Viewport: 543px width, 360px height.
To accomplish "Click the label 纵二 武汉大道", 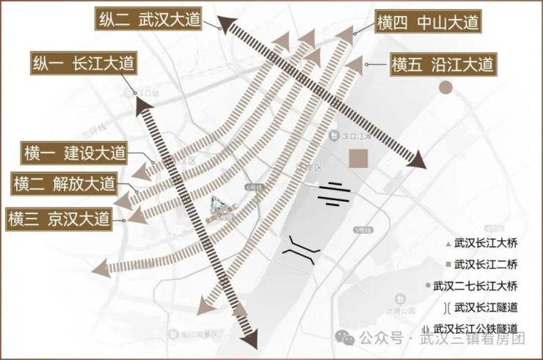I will (x=148, y=21).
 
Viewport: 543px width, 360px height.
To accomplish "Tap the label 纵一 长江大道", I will (x=82, y=64).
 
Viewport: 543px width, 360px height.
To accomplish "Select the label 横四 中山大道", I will (x=428, y=22).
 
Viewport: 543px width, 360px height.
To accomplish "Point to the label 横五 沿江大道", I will (x=442, y=65).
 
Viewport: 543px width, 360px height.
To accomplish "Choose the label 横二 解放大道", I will (x=65, y=183).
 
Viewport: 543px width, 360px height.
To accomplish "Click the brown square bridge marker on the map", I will (x=359, y=159).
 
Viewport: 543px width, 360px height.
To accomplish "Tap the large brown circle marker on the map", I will (x=445, y=88).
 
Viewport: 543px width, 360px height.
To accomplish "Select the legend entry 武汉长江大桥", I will (x=481, y=241).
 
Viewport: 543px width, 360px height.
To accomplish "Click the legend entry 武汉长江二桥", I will (x=481, y=263).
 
